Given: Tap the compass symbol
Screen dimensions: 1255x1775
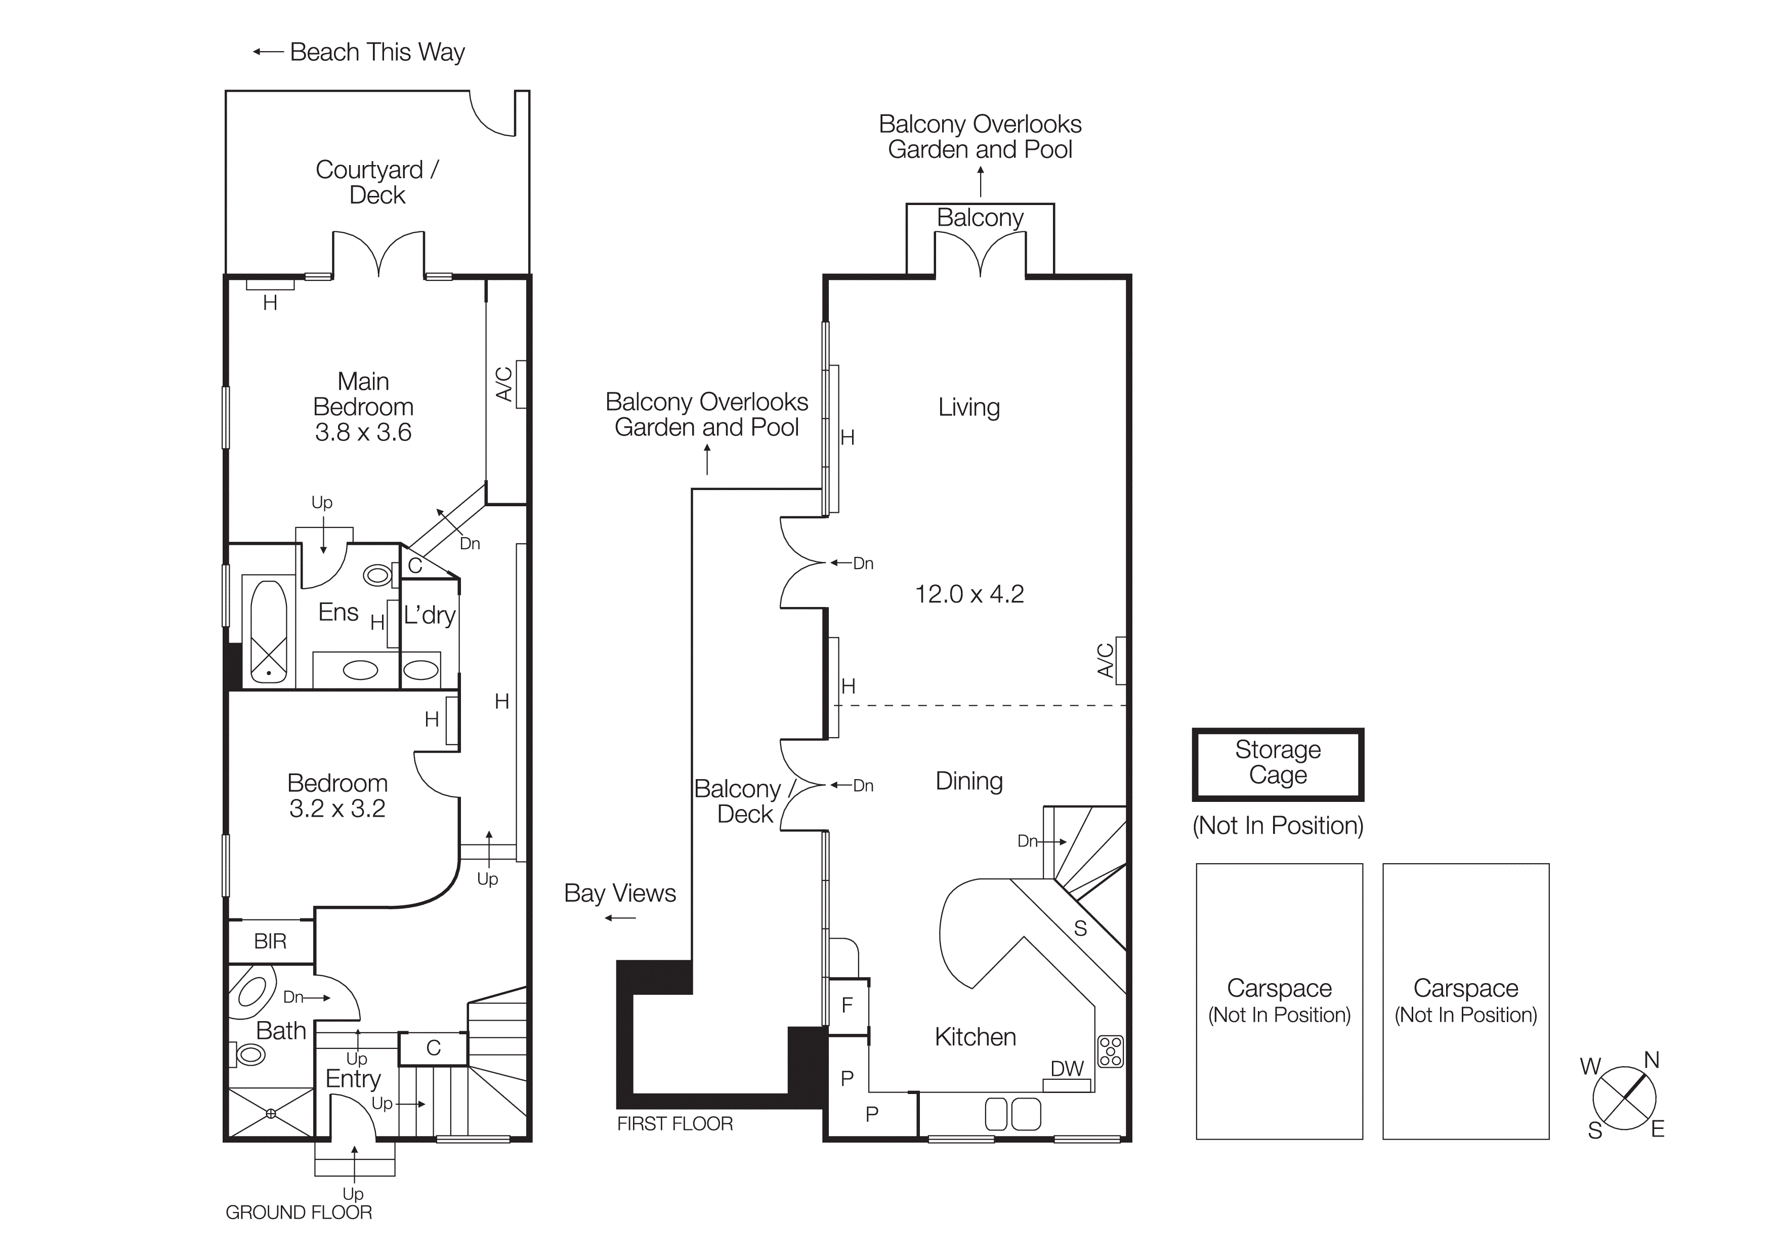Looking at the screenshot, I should click(1624, 1098).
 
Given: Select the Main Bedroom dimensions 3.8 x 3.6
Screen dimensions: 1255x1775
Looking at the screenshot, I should click(363, 432).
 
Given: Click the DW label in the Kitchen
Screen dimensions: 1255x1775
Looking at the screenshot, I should click(1067, 1069).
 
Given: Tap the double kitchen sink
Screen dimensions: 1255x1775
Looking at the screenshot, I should click(1013, 1114).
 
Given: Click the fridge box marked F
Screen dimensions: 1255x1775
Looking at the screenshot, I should click(848, 1005).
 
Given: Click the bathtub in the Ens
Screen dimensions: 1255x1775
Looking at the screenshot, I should click(268, 632).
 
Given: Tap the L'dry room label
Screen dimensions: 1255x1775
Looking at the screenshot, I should click(429, 616).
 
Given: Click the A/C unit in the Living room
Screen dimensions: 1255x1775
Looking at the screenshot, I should click(1120, 660).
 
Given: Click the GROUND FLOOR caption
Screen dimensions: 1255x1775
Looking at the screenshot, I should click(299, 1212).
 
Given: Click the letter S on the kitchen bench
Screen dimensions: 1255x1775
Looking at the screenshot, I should click(1080, 928).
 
